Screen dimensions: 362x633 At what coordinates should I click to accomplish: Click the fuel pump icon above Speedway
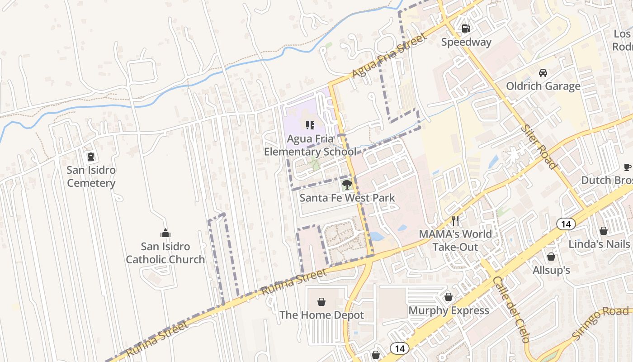pos(466,29)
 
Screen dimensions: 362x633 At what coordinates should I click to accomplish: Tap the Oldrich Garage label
pos(543,86)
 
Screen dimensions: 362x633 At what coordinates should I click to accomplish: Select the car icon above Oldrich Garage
pos(543,73)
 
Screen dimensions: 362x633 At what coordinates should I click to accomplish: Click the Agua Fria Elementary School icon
pos(310,125)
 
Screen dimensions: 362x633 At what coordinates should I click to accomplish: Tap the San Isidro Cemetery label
pos(91,176)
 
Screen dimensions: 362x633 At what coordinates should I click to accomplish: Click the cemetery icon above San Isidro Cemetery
pos(91,157)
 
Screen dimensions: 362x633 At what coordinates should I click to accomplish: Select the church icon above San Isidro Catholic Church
pos(165,233)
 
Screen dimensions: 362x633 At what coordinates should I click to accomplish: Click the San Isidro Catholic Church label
pos(165,253)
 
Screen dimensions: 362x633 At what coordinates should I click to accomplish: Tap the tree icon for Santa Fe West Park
pos(347,184)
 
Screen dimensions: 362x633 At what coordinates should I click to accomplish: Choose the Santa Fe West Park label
pos(347,198)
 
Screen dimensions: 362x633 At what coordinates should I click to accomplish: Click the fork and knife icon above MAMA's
pos(455,221)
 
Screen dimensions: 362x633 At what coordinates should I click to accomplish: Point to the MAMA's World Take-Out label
pos(455,240)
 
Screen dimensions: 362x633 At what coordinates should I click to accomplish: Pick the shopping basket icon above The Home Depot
pos(321,302)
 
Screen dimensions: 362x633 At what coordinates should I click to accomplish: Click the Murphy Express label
pos(449,310)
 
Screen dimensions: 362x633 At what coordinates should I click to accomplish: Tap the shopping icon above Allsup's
pos(551,257)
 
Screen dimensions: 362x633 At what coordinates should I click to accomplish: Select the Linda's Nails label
pos(599,244)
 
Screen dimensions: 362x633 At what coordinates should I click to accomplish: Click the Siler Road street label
pos(539,146)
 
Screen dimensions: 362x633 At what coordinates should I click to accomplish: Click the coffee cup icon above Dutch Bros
pos(628,167)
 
